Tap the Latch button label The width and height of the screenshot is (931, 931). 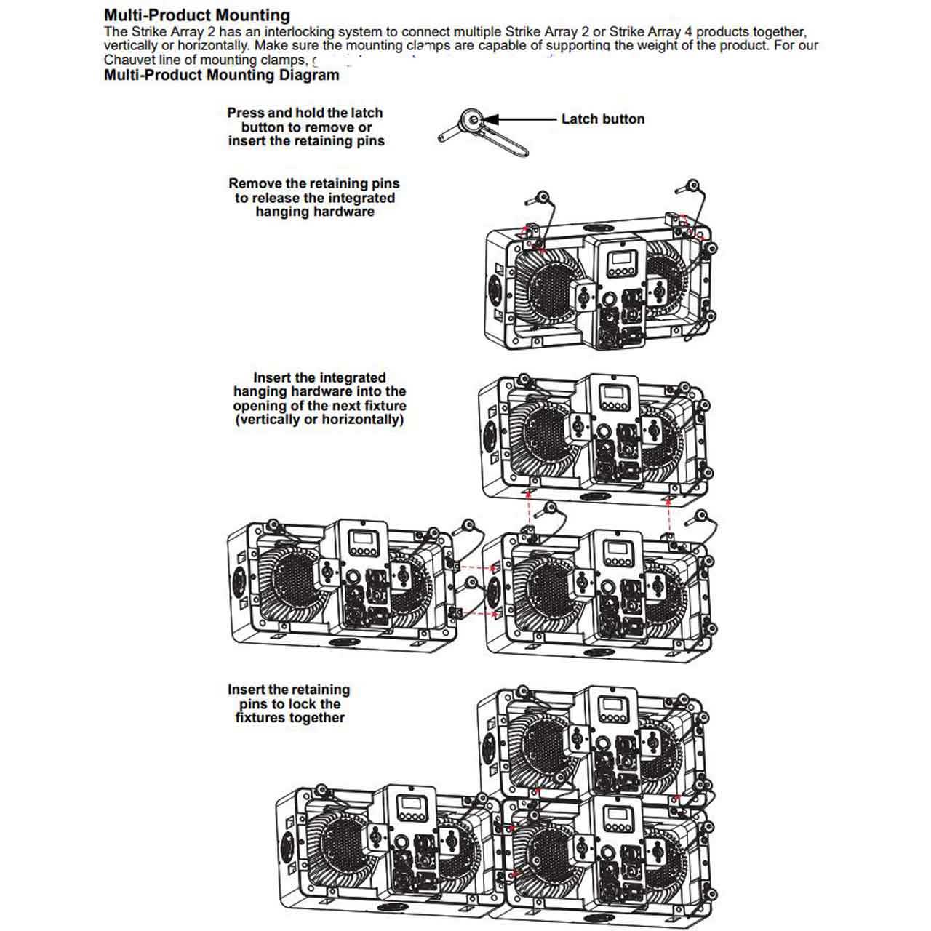click(602, 119)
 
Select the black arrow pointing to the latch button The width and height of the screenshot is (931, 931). click(519, 119)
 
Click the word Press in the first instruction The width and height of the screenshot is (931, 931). click(246, 113)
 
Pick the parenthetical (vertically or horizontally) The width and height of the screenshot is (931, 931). click(319, 420)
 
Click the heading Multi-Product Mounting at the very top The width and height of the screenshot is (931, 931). click(196, 15)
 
